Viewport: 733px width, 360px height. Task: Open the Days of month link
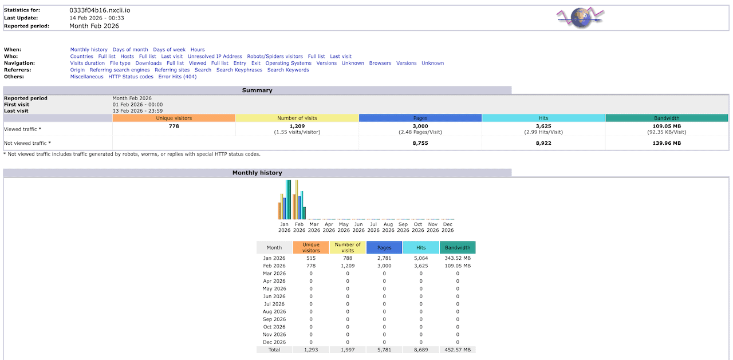click(x=130, y=50)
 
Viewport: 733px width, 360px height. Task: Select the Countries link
click(x=81, y=57)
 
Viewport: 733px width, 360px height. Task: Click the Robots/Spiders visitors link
click(x=275, y=57)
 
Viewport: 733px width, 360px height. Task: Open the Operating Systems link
click(x=288, y=64)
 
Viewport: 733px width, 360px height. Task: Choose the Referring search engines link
click(x=120, y=70)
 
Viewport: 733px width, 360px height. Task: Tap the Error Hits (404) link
click(x=177, y=77)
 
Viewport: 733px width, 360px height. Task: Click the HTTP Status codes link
click(x=131, y=77)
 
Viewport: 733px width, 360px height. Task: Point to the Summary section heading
click(x=257, y=90)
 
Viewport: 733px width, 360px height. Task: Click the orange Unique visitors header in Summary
click(x=174, y=118)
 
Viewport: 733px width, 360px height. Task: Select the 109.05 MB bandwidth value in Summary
click(x=667, y=126)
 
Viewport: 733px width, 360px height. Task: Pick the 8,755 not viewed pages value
click(x=420, y=143)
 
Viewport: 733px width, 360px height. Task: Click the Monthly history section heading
click(x=257, y=173)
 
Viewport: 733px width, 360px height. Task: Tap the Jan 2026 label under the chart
click(x=284, y=227)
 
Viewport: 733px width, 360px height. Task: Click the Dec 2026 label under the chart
click(x=448, y=227)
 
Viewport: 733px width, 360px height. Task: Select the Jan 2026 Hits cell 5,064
click(x=421, y=258)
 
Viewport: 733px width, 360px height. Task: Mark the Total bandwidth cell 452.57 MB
click(x=458, y=350)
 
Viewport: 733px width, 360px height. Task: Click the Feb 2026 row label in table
click(x=274, y=266)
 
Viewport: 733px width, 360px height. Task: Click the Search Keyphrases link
click(x=239, y=70)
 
